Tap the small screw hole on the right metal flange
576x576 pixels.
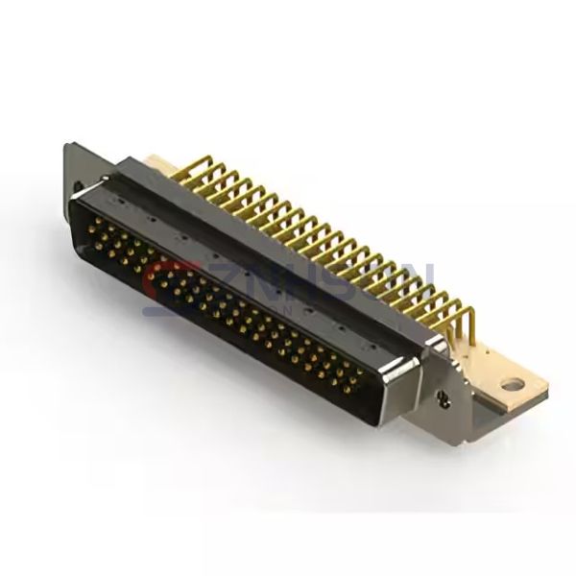(444, 396)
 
